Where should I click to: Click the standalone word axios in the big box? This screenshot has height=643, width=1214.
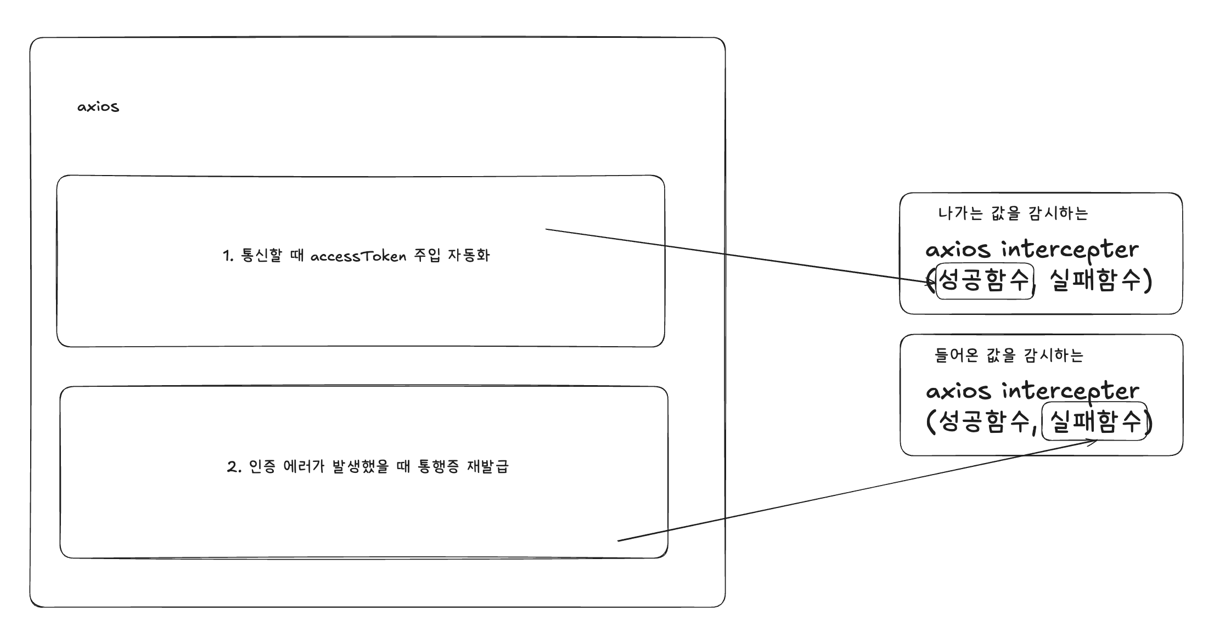tap(98, 106)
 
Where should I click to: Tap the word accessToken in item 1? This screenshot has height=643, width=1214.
tap(358, 256)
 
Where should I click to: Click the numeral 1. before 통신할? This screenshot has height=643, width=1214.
tap(228, 256)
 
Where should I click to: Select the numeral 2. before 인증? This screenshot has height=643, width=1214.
tap(234, 467)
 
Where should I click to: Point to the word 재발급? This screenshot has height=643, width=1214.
tap(488, 466)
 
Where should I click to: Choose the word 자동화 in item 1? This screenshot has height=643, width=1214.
tap(469, 255)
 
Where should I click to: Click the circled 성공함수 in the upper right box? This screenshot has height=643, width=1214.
tap(985, 281)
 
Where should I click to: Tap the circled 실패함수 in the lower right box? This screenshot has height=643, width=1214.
tap(1094, 421)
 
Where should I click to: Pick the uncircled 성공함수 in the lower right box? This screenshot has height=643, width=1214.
tap(985, 421)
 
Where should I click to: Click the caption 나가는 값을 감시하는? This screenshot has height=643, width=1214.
tap(1013, 213)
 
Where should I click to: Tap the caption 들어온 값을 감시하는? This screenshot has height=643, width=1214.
tap(1009, 355)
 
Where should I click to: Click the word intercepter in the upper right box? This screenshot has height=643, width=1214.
tap(1070, 250)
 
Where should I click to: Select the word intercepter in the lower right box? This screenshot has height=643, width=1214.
tap(1071, 391)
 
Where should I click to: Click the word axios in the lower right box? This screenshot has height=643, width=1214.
tap(958, 391)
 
